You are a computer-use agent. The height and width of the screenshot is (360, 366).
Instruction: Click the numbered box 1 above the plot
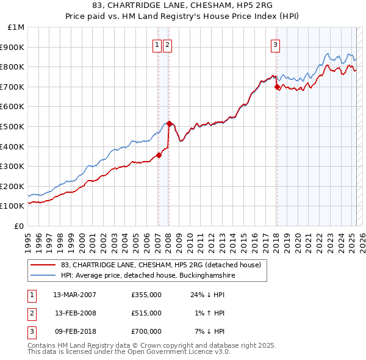click(x=157, y=44)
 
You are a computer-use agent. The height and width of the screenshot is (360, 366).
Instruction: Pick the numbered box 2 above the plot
click(x=167, y=44)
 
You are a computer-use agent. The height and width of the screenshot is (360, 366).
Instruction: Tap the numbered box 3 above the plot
click(x=275, y=44)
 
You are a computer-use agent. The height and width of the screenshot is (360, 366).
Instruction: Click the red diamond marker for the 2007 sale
click(x=159, y=155)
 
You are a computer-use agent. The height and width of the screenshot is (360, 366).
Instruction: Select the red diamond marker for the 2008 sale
click(x=169, y=123)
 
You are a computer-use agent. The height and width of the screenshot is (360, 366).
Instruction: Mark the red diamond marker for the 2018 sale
click(x=276, y=87)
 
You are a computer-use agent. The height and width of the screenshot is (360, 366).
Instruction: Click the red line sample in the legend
click(x=43, y=265)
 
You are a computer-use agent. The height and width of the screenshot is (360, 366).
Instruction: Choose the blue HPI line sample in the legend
click(x=43, y=276)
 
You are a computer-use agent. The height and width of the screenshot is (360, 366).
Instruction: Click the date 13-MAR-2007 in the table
click(x=75, y=295)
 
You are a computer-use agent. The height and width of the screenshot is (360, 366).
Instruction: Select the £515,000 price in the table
click(x=146, y=313)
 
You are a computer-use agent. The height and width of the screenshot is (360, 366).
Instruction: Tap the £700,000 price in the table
click(x=146, y=331)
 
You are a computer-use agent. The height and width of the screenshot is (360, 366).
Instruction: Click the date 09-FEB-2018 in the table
click(x=75, y=331)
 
